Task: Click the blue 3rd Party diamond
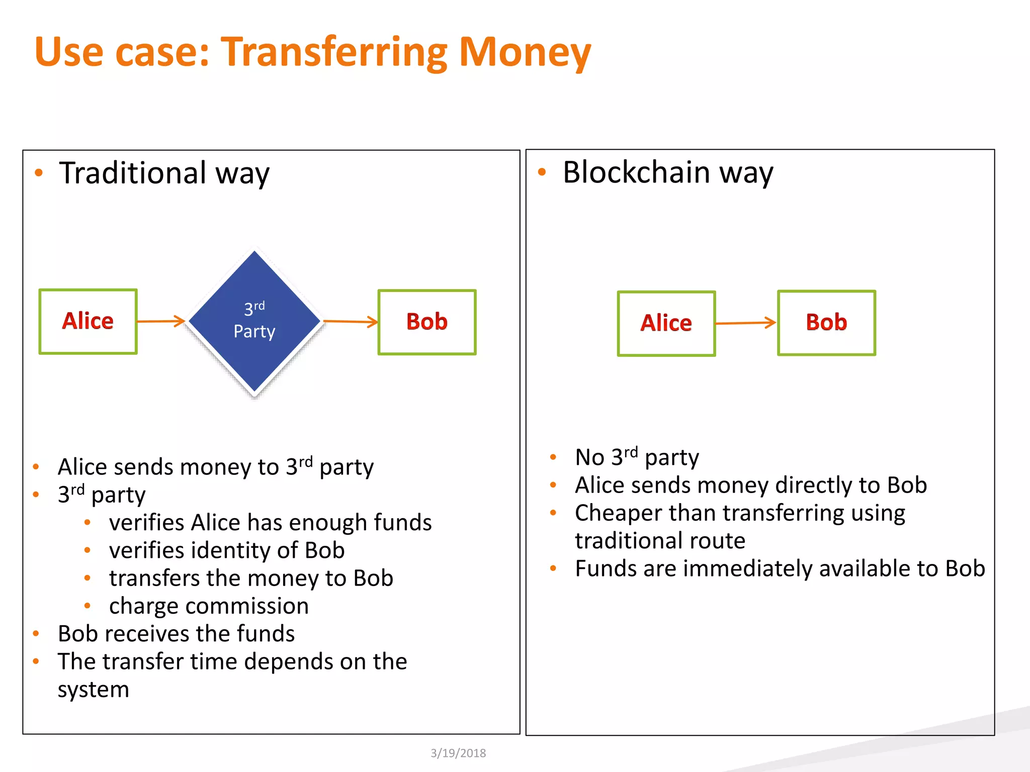pyautogui.click(x=254, y=322)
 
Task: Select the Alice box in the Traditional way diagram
pyautogui.click(x=88, y=322)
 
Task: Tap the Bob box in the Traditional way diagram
pyautogui.click(x=427, y=322)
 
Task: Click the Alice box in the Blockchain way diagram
pyautogui.click(x=666, y=324)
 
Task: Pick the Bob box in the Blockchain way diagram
pyautogui.click(x=826, y=323)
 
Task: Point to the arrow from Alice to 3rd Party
pyautogui.click(x=161, y=321)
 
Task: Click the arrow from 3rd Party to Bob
pyautogui.click(x=351, y=321)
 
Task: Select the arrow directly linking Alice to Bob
pyautogui.click(x=746, y=323)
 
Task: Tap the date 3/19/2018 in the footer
pyautogui.click(x=458, y=753)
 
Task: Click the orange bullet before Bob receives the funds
pyautogui.click(x=36, y=634)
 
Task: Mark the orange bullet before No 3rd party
pyautogui.click(x=553, y=457)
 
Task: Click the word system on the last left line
pyautogui.click(x=93, y=689)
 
